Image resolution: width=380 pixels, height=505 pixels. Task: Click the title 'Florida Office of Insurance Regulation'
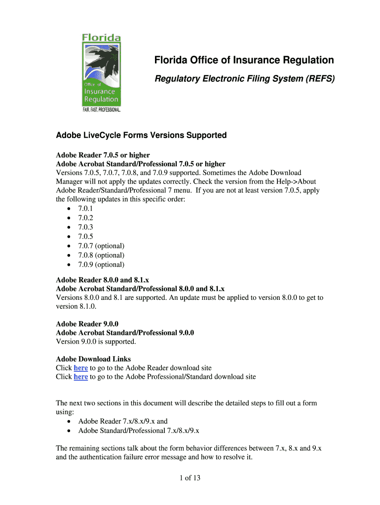pyautogui.click(x=244, y=60)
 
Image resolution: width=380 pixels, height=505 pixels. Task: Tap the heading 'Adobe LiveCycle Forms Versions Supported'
pyautogui.click(x=141, y=135)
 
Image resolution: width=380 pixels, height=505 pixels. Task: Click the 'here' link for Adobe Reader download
pyautogui.click(x=81, y=368)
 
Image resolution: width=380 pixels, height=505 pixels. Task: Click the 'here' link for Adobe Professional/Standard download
pyautogui.click(x=81, y=377)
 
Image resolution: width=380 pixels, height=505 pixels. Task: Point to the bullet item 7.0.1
pyautogui.click(x=85, y=209)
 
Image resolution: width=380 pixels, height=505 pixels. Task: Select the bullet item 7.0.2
pyautogui.click(x=85, y=218)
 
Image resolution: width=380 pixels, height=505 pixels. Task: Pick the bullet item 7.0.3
pyautogui.click(x=85, y=227)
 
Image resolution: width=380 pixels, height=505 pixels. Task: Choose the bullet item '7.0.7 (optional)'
pyautogui.click(x=101, y=246)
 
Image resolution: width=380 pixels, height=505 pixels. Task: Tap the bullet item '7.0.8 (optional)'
pyautogui.click(x=101, y=255)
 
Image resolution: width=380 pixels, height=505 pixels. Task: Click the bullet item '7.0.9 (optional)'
pyautogui.click(x=101, y=264)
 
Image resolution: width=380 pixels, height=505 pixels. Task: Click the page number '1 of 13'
pyautogui.click(x=190, y=477)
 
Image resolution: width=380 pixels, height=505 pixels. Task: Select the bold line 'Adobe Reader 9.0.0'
pyautogui.click(x=87, y=324)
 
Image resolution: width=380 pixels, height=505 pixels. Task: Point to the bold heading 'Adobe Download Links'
pyautogui.click(x=93, y=359)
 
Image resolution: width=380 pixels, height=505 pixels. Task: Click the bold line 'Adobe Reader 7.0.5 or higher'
pyautogui.click(x=103, y=155)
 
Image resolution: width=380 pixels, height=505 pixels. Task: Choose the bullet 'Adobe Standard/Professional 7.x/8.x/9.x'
pyautogui.click(x=139, y=431)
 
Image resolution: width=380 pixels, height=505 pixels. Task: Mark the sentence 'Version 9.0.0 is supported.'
pyautogui.click(x=96, y=341)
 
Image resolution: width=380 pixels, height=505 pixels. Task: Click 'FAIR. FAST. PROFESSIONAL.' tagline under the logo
pyautogui.click(x=101, y=109)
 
